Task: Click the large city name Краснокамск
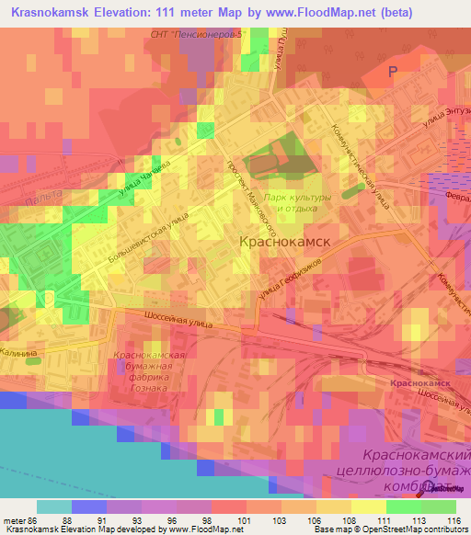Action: click(284, 242)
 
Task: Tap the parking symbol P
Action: click(393, 72)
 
